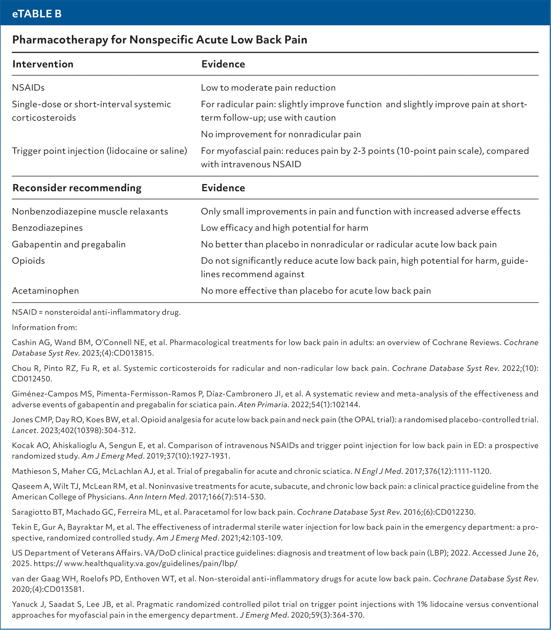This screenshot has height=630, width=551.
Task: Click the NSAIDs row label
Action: coord(28,88)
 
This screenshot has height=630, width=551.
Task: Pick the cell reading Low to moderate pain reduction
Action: coord(268,88)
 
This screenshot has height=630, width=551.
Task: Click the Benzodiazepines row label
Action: coord(47,228)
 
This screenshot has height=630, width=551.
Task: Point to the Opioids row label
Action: coord(28,260)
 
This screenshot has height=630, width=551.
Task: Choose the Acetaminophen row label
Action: coord(45,291)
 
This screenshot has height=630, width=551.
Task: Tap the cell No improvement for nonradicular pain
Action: coord(281,134)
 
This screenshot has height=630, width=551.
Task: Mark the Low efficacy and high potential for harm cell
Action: coord(284,228)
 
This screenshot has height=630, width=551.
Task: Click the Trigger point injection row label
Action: coord(99,151)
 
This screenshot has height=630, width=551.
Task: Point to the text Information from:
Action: coord(44,327)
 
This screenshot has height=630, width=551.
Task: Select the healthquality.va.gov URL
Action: coord(151,564)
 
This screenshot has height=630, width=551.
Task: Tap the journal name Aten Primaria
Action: coord(262,405)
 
